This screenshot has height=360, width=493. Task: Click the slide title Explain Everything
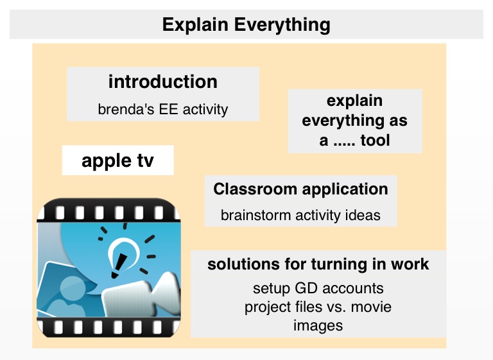(x=246, y=25)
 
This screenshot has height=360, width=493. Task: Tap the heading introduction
(x=163, y=81)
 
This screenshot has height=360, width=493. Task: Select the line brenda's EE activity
(x=163, y=110)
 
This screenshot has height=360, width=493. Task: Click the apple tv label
(x=117, y=161)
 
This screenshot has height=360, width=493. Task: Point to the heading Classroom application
(x=300, y=189)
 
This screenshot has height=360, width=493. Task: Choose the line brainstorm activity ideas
(x=300, y=216)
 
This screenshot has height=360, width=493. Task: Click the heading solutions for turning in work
(x=318, y=264)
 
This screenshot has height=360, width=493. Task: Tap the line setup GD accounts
(x=318, y=288)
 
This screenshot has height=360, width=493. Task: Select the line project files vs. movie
(x=318, y=307)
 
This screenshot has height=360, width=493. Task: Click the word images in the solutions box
(x=318, y=325)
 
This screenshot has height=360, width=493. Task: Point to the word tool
(x=375, y=141)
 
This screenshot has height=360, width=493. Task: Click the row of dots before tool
(x=344, y=144)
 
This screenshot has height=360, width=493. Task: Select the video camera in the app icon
(x=142, y=295)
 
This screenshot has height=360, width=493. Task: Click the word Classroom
(x=255, y=189)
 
